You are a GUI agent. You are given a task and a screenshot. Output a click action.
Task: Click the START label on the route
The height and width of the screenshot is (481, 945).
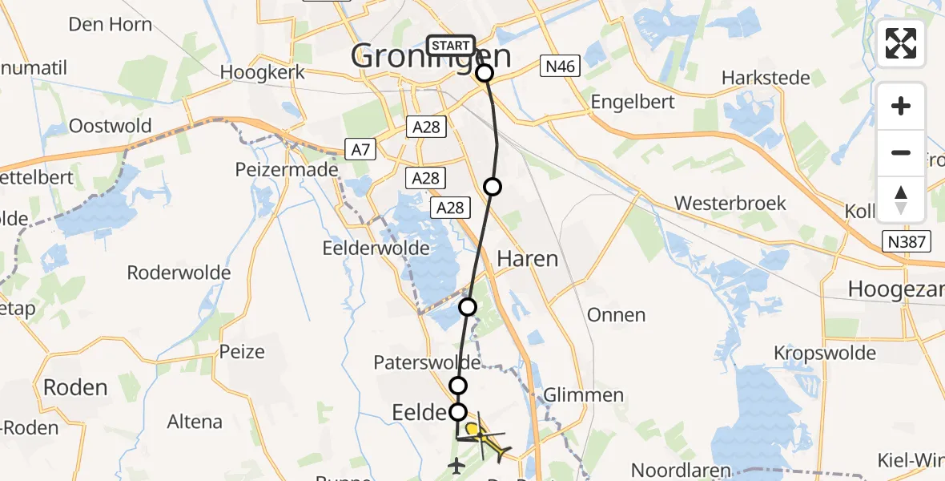pyautogui.click(x=451, y=46)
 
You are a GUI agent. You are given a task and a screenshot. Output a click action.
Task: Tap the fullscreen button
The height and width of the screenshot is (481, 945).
pyautogui.click(x=901, y=43)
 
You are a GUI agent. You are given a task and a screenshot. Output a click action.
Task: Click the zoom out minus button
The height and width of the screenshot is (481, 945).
pyautogui.click(x=901, y=152)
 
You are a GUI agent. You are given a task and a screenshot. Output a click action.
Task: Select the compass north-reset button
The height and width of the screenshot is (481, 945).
pyautogui.click(x=901, y=200)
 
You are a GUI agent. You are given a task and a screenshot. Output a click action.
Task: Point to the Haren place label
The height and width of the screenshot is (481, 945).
pyautogui.click(x=527, y=258)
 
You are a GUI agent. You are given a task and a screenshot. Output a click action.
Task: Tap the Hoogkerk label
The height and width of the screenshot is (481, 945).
pyautogui.click(x=263, y=72)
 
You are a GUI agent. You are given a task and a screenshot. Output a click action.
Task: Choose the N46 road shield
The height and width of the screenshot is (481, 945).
pyautogui.click(x=558, y=67)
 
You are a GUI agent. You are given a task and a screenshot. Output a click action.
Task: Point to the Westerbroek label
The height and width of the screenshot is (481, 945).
pyautogui.click(x=730, y=203)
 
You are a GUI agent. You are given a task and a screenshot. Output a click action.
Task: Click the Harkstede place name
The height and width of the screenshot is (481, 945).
pyautogui.click(x=766, y=78)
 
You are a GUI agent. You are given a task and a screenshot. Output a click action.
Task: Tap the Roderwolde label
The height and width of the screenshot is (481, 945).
pyautogui.click(x=179, y=273)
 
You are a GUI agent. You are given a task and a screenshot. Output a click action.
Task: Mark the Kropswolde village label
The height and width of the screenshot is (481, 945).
pyautogui.click(x=823, y=353)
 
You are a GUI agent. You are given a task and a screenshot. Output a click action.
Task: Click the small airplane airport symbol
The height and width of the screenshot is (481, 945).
pyautogui.click(x=457, y=464)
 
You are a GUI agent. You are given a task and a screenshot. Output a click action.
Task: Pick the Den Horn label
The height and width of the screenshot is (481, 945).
pyautogui.click(x=111, y=24)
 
